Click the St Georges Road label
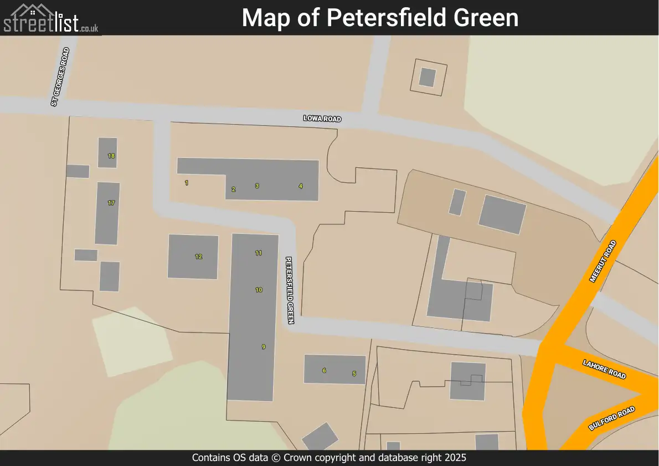coord(60,77)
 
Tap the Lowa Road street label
coord(322,119)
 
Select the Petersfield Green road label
coord(290,290)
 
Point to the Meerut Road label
coord(603,262)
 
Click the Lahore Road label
coord(604,368)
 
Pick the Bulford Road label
coord(611,419)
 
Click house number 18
coord(111,156)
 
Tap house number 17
coord(111,203)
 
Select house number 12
coord(198,257)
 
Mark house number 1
coord(187,183)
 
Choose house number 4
coord(301,186)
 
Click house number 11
coord(259,253)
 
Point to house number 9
coord(264,347)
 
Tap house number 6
coord(324,370)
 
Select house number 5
coord(354,373)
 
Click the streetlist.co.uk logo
coord(51,18)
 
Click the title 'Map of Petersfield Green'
coord(380,18)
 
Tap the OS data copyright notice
coord(329,458)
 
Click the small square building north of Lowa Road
coord(427,77)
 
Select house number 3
coord(257,186)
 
